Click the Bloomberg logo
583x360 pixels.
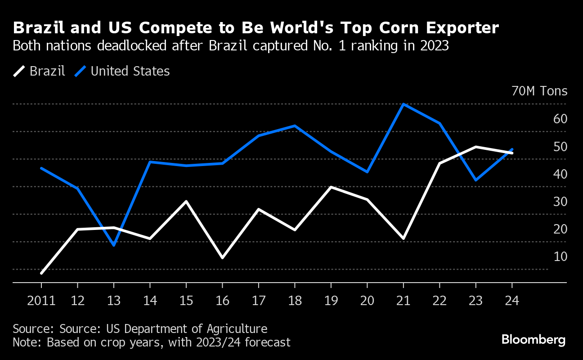pyautogui.click(x=534, y=340)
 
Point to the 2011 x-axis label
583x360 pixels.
pyautogui.click(x=41, y=301)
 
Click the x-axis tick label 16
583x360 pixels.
pyautogui.click(x=222, y=301)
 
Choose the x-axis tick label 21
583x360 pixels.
pyautogui.click(x=403, y=301)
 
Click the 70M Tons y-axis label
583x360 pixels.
pyautogui.click(x=539, y=91)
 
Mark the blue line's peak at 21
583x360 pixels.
pyautogui.click(x=404, y=104)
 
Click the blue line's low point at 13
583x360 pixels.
pyautogui.click(x=114, y=245)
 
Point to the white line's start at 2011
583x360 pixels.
pyautogui.click(x=42, y=273)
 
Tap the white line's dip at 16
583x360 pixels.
pyautogui.click(x=222, y=258)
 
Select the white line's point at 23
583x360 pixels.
pyautogui.click(x=476, y=147)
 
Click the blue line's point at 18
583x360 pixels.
pyautogui.click(x=295, y=126)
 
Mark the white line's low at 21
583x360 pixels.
pyautogui.click(x=404, y=238)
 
